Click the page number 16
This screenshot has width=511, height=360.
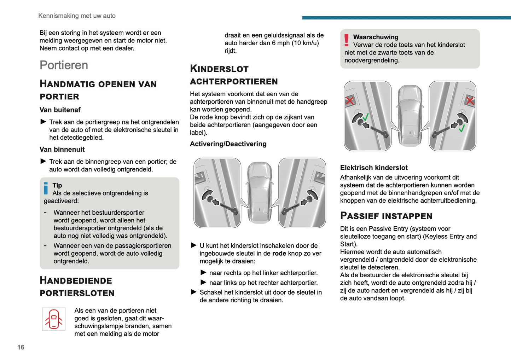click(21, 347)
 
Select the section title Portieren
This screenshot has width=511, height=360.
click(64, 65)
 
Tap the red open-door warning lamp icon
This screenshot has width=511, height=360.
click(54, 319)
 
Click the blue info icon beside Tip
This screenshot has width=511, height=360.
click(46, 188)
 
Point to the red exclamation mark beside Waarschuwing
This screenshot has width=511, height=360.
click(347, 40)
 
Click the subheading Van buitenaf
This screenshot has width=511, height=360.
click(60, 110)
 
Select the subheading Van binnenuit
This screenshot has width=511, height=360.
click(62, 150)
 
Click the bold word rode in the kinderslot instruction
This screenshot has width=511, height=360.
click(279, 254)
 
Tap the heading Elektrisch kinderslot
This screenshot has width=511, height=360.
click(374, 168)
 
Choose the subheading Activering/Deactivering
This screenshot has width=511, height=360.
click(228, 144)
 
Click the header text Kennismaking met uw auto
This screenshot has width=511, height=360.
click(77, 16)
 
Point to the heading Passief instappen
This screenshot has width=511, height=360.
click(386, 216)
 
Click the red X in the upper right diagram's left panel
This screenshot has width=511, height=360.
click(350, 101)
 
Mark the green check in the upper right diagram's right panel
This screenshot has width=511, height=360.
click(461, 128)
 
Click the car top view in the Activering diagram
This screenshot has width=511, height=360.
click(260, 193)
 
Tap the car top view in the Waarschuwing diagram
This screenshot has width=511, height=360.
click(410, 116)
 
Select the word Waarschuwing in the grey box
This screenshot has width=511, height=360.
click(376, 37)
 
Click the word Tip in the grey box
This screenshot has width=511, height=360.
click(57, 185)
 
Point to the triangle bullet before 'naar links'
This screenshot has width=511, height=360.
click(203, 283)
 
